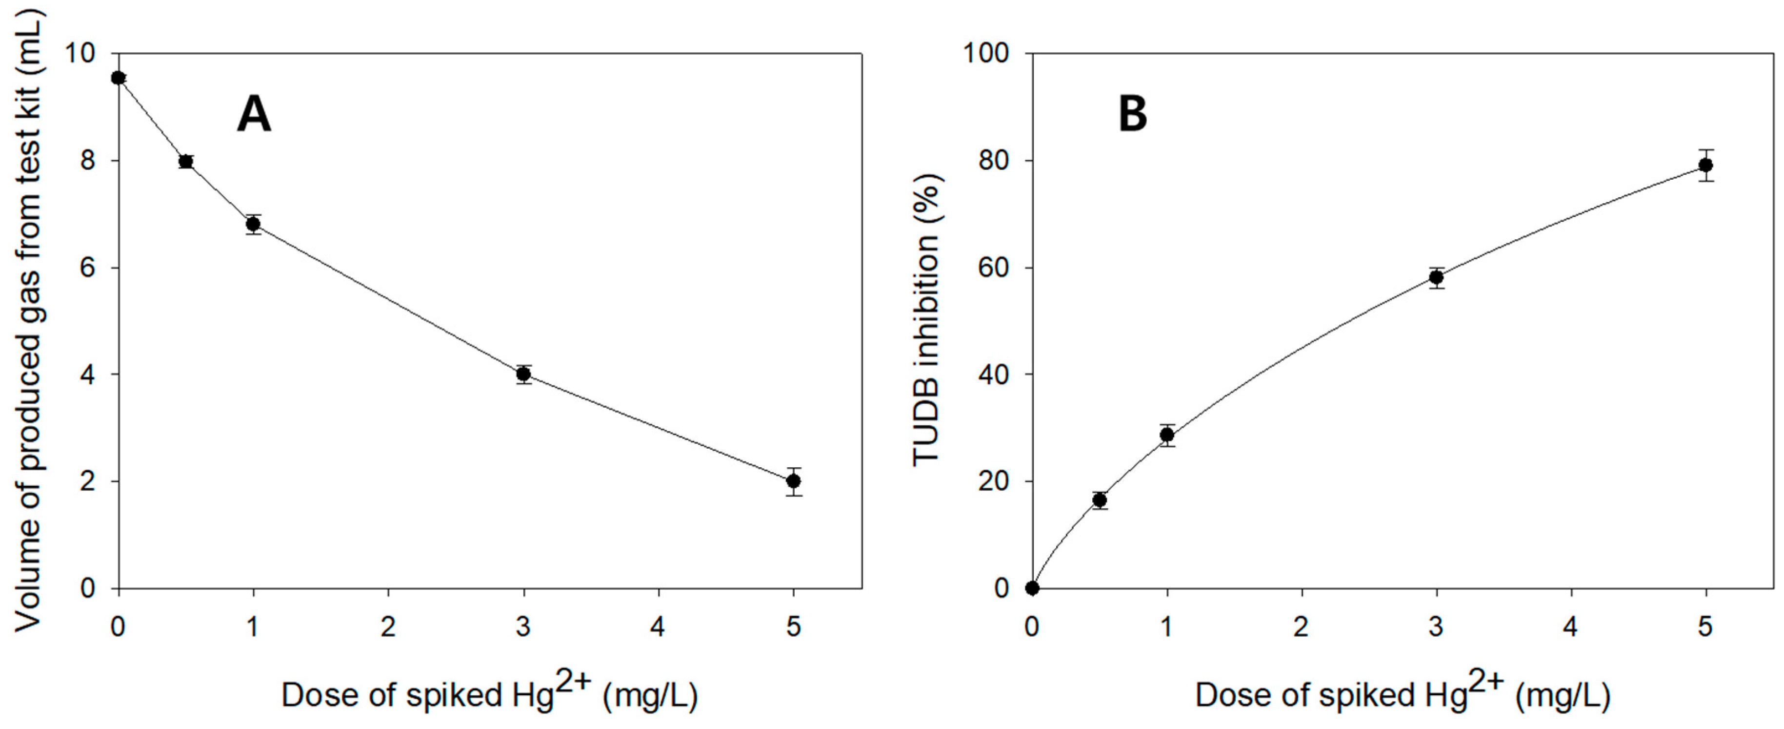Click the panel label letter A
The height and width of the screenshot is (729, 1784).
click(254, 114)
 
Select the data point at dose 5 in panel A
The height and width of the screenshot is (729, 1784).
click(794, 481)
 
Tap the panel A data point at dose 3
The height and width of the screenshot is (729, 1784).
click(523, 374)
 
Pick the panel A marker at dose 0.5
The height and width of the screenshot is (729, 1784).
click(185, 162)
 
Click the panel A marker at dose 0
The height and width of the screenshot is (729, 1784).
click(119, 78)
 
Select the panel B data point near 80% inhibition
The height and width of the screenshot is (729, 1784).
click(1706, 165)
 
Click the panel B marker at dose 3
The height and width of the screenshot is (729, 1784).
click(1436, 278)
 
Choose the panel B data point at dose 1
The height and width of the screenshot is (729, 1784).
click(1167, 435)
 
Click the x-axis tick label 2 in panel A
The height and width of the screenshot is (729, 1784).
click(388, 627)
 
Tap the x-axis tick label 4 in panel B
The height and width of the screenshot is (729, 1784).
click(1571, 627)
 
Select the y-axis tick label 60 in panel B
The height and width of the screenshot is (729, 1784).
click(994, 268)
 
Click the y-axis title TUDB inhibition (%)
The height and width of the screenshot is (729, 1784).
click(926, 320)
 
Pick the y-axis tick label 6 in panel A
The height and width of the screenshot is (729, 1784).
click(88, 268)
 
